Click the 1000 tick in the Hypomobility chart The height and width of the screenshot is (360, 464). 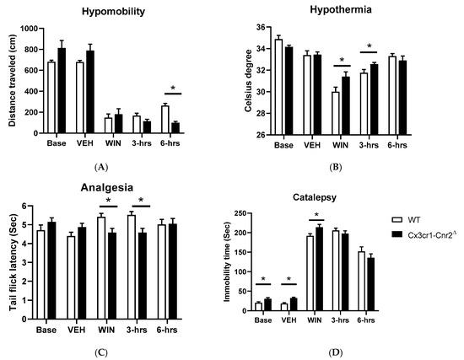pos(31,29)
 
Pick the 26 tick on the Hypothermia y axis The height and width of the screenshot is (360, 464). pos(261,135)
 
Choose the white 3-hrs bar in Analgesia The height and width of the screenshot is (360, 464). pos(131,264)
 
